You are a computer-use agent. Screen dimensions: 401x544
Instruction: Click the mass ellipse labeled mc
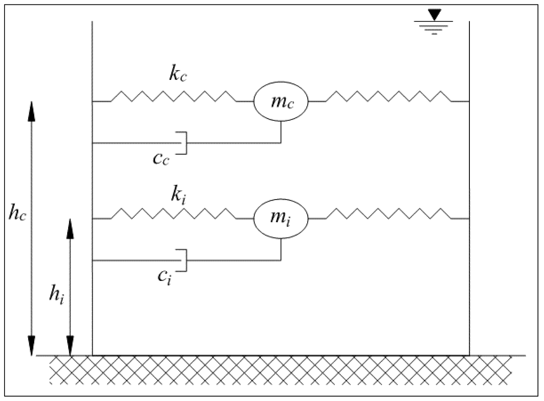[281, 102]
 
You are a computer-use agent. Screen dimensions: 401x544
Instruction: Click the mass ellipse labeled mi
[281, 219]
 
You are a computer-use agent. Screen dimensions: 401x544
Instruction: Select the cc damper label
[161, 159]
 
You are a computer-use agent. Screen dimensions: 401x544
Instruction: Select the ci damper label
[164, 277]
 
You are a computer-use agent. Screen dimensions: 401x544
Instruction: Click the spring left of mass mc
[174, 96]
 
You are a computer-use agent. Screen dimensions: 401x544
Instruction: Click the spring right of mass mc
[388, 96]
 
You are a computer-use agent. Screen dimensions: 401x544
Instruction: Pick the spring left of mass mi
[174, 214]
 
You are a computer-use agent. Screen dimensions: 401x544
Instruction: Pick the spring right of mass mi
[388, 214]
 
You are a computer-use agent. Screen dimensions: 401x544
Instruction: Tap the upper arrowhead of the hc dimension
[31, 111]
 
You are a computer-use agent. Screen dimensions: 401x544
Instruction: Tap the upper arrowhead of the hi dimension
[70, 229]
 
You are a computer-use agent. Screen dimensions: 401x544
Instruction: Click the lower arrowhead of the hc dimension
[31, 346]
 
